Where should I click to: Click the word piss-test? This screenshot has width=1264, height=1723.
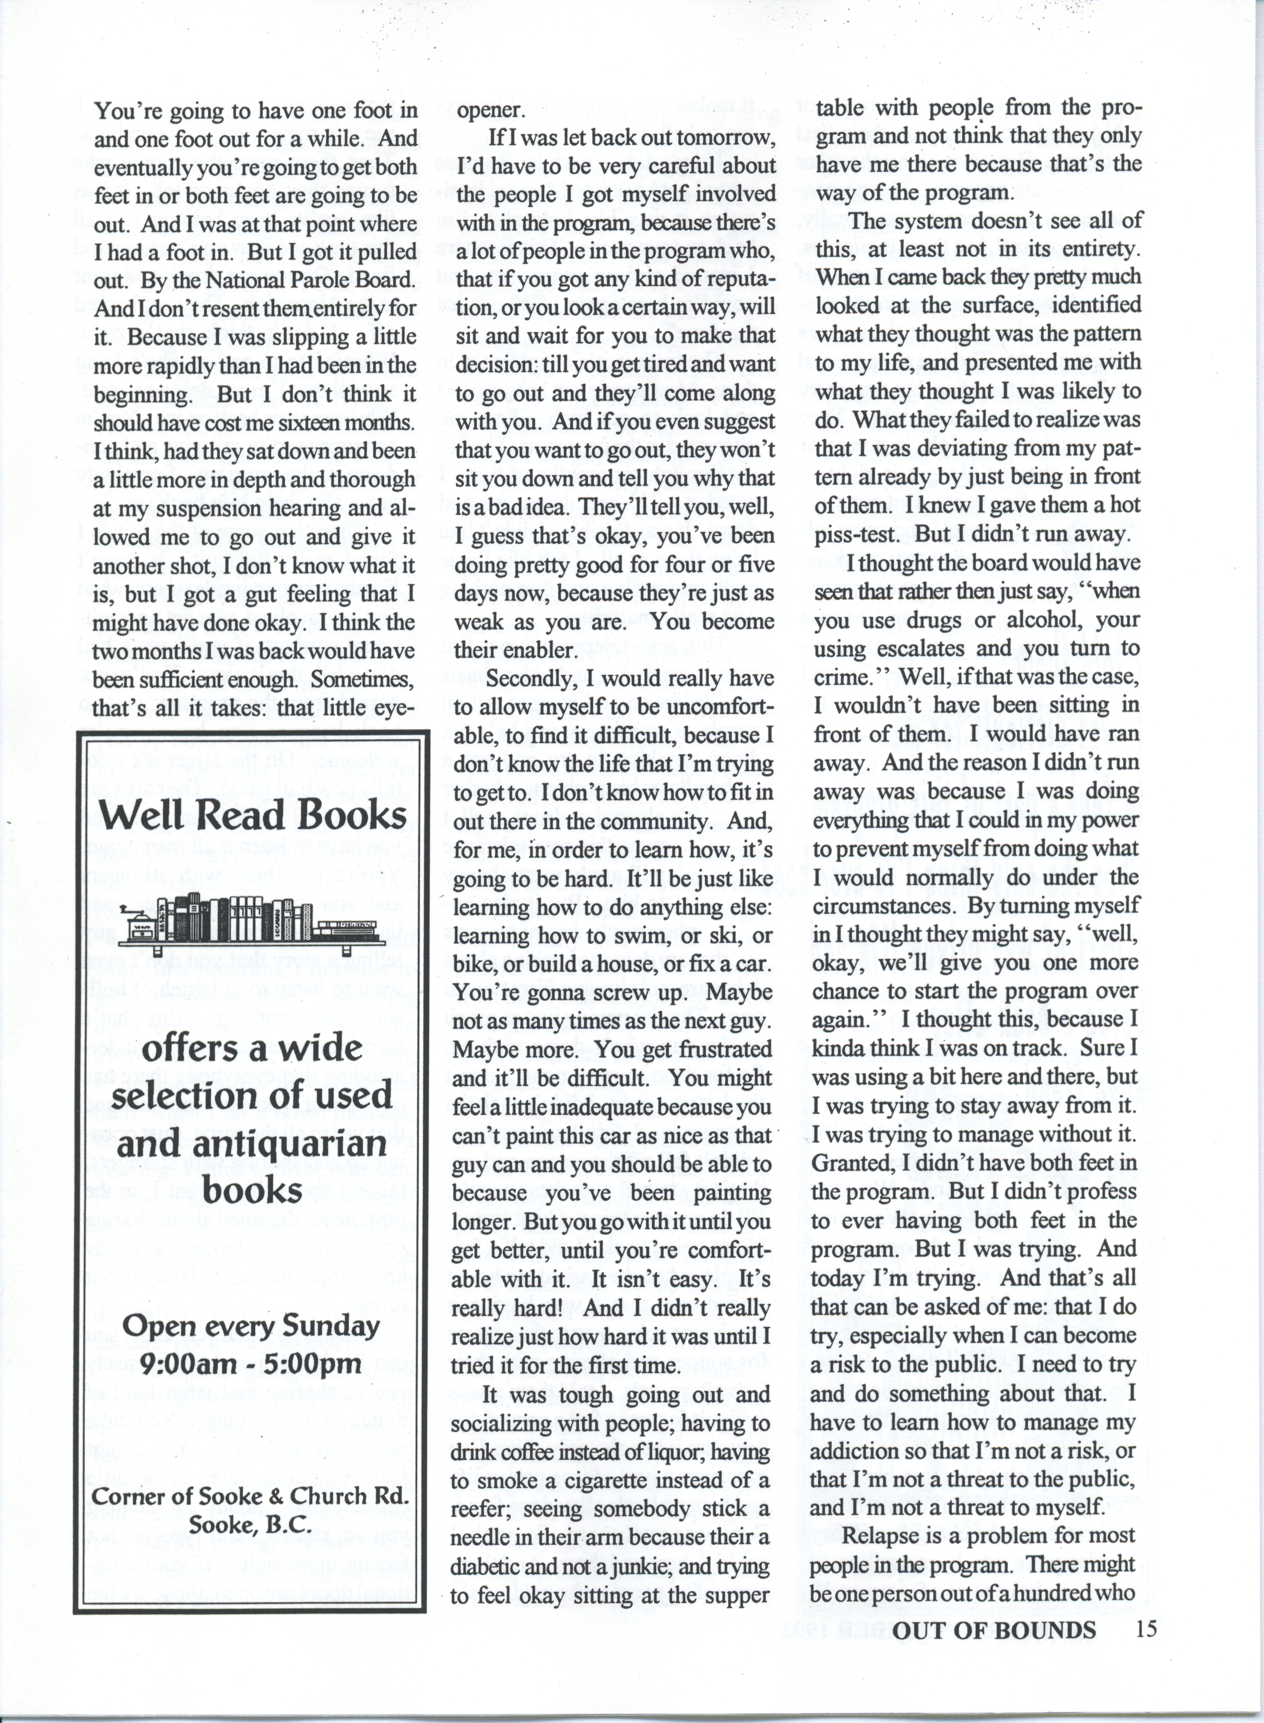[x=861, y=534]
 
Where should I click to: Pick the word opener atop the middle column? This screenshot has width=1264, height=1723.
[x=490, y=110]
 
